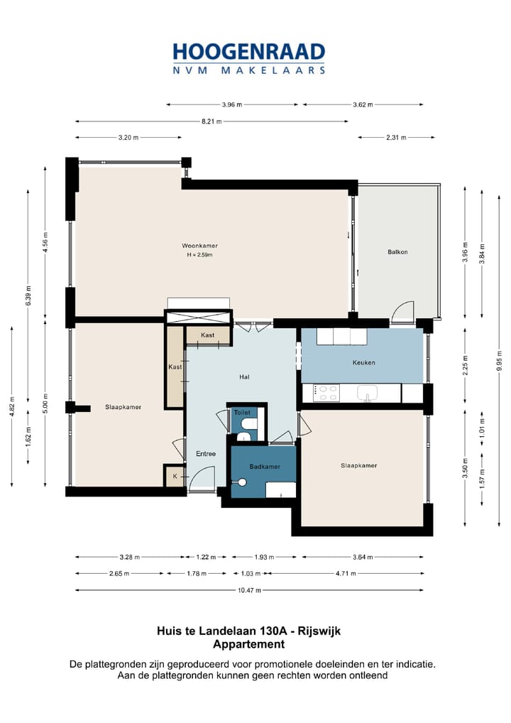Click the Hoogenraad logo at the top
tap(249, 58)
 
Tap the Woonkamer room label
tap(199, 246)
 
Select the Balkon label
tap(397, 251)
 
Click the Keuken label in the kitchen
tap(363, 362)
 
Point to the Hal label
tap(244, 376)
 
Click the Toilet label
tap(242, 412)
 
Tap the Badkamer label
tap(265, 467)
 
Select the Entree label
tap(206, 454)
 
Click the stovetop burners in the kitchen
tap(326, 393)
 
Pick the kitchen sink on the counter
tap(367, 393)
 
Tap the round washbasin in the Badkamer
tap(241, 482)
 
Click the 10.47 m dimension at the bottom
tap(249, 590)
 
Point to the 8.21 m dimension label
tap(211, 121)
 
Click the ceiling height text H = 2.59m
tap(199, 254)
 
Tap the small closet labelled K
tap(175, 476)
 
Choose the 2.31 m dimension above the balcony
tap(396, 137)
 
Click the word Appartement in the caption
tap(249, 644)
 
